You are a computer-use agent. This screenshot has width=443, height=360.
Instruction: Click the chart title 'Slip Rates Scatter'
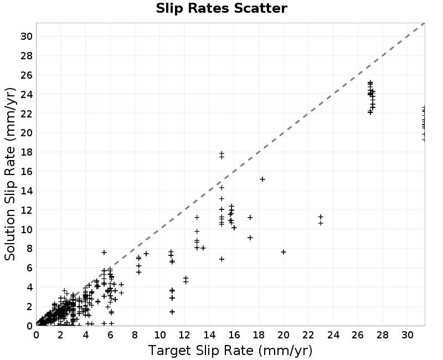pyautogui.click(x=221, y=8)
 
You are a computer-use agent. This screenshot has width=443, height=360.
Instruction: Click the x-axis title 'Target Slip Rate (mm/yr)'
pyautogui.click(x=230, y=351)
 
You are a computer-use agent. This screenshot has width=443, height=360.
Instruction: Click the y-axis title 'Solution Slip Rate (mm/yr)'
pyautogui.click(x=10, y=174)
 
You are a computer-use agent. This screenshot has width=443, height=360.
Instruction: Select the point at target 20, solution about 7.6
pyautogui.click(x=284, y=252)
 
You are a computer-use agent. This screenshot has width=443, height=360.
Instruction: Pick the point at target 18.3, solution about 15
pyautogui.click(x=262, y=179)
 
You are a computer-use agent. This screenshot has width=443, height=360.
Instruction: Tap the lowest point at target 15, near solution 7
pyautogui.click(x=221, y=259)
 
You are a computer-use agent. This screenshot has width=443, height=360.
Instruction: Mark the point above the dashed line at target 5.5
pyautogui.click(x=104, y=252)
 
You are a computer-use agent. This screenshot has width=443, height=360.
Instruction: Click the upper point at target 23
pyautogui.click(x=321, y=217)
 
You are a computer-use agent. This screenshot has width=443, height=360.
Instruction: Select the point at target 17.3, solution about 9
pyautogui.click(x=250, y=238)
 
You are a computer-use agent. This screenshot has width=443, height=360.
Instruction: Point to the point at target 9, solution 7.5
pyautogui.click(x=146, y=254)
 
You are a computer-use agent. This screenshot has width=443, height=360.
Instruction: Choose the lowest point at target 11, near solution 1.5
pyautogui.click(x=172, y=312)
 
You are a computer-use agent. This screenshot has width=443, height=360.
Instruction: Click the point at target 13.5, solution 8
pyautogui.click(x=203, y=248)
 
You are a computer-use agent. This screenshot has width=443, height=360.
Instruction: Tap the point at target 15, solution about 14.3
pyautogui.click(x=221, y=187)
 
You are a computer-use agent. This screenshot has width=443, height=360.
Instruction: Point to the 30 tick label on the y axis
pyautogui.click(x=26, y=37)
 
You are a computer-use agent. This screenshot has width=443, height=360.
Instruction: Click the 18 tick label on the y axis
pyautogui.click(x=26, y=152)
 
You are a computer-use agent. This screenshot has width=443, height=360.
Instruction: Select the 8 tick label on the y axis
pyautogui.click(x=29, y=249)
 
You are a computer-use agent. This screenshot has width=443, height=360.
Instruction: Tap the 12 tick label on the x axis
pyautogui.click(x=184, y=335)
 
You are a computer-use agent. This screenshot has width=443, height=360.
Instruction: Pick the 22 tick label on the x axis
pyautogui.click(x=308, y=335)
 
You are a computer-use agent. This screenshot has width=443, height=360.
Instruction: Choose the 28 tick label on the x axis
pyautogui.click(x=383, y=335)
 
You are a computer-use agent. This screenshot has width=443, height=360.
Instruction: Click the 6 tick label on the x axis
pyautogui.click(x=110, y=335)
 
